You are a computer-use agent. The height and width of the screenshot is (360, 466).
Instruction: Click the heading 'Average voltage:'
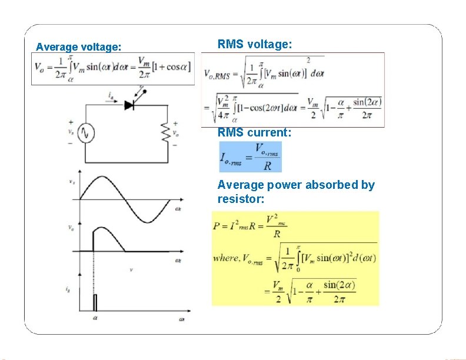click(x=79, y=46)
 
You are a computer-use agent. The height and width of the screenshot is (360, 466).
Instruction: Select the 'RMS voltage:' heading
click(x=254, y=44)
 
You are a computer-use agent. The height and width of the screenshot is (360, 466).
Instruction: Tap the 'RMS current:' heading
click(x=254, y=133)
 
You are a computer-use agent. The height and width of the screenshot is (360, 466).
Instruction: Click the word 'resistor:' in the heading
click(x=241, y=200)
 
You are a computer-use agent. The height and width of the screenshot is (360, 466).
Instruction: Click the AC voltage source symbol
click(x=86, y=134)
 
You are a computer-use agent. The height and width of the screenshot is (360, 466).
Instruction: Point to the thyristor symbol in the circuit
click(x=131, y=105)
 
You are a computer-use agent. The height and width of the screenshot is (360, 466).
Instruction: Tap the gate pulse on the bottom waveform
click(x=95, y=302)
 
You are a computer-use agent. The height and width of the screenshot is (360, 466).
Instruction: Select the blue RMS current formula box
click(x=250, y=157)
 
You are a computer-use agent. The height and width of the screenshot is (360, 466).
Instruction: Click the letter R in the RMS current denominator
click(x=268, y=166)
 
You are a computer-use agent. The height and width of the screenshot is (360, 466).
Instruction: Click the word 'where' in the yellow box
click(x=226, y=258)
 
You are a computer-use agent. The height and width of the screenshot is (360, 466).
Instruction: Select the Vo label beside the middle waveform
click(x=71, y=227)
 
